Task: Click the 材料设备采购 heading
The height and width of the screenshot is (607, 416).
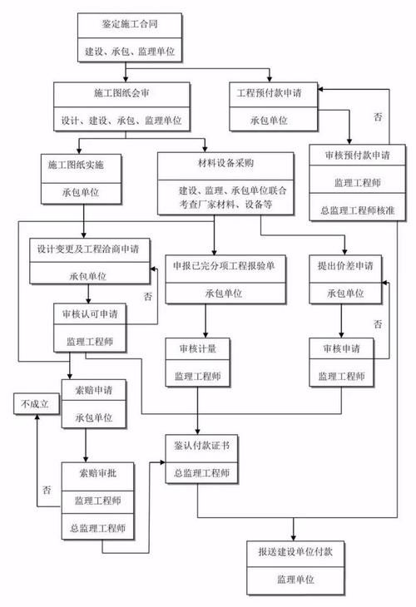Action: (224, 163)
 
